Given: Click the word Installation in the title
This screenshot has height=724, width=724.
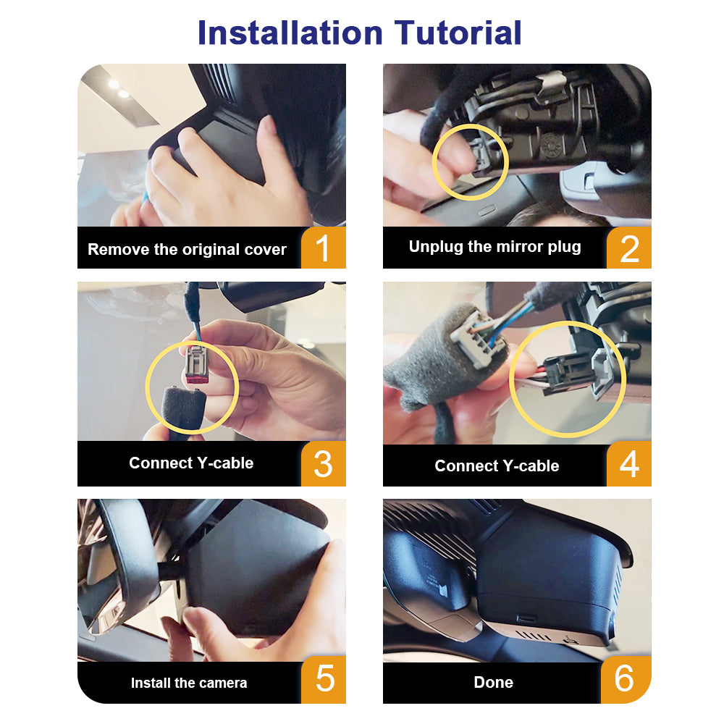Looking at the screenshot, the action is coord(290,33).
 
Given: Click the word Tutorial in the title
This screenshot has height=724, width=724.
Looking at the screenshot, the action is coord(458,33).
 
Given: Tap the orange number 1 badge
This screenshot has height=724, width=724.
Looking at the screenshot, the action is coord(323,248).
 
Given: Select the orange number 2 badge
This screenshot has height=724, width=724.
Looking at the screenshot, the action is coord(629,248).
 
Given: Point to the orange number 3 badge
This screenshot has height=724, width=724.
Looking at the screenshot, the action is coord(323,463).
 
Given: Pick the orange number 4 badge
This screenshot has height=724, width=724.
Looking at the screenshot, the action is coord(629,463).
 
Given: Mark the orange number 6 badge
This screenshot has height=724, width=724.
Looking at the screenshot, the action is coord(626,679).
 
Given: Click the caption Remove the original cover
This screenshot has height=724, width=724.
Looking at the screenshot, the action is coord(187,249).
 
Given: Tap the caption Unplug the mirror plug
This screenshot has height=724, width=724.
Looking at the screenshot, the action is coord(494,247).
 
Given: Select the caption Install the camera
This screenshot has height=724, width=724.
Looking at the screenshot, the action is coord(189,683).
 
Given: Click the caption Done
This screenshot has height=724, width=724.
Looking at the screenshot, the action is coord(493,682).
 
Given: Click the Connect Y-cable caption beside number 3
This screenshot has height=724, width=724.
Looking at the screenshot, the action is coord(191,463).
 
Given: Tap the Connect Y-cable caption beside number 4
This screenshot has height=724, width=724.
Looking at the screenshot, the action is coord(497,466).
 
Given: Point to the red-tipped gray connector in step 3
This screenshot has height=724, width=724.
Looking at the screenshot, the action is coord(195,363).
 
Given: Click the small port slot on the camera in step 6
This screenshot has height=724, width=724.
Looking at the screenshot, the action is coord(526,618).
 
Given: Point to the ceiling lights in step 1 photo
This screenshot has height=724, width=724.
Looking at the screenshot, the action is coord(118,88).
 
